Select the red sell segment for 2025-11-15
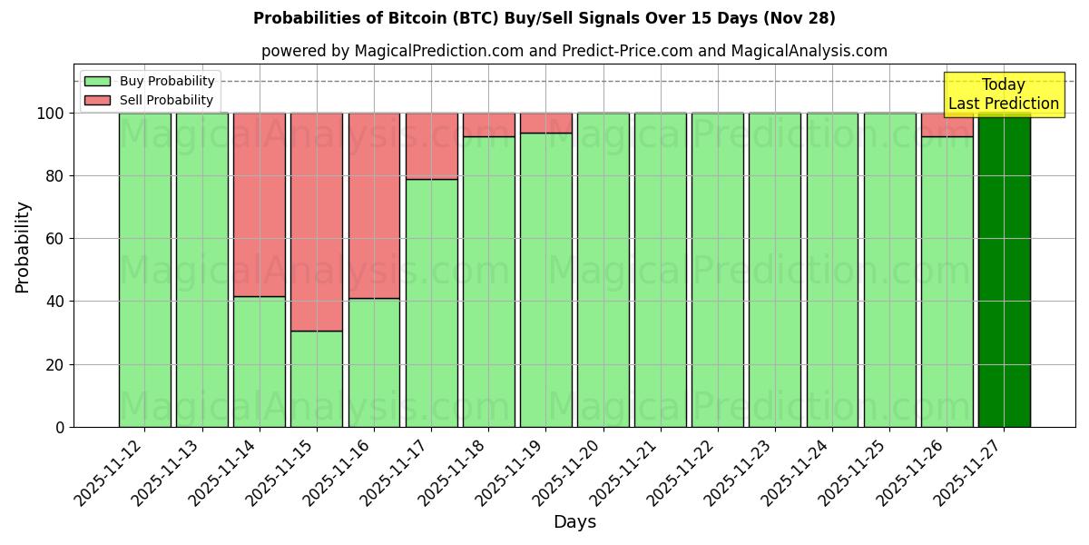coord(317,222)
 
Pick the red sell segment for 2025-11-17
coord(431,145)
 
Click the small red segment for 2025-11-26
coord(947,124)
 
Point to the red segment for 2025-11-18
coord(488,124)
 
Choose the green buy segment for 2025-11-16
coord(374,362)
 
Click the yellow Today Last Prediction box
coord(1003,94)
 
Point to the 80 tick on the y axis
coord(55,176)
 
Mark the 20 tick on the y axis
coord(55,364)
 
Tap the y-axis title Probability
coord(23,246)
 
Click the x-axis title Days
coord(574,522)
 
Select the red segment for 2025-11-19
coord(545,123)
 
